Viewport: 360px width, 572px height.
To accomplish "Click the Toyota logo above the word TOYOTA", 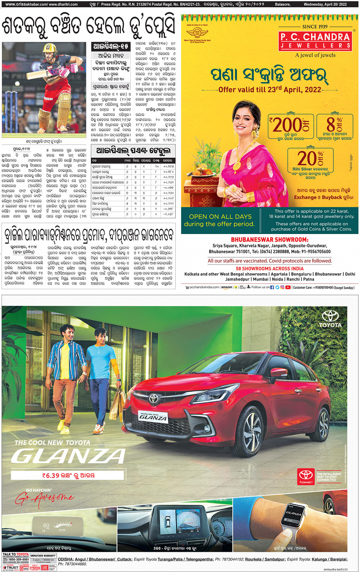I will click(330, 316).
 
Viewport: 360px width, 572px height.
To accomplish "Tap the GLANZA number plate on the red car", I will click(153, 417).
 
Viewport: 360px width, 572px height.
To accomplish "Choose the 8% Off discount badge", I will click(334, 124).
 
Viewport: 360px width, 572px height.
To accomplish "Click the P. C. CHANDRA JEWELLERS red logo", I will click(316, 41).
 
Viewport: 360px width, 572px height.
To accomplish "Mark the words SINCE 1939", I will click(315, 27).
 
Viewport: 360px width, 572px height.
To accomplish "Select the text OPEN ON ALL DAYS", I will click(220, 216).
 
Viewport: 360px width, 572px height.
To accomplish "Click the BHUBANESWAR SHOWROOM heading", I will click(269, 240).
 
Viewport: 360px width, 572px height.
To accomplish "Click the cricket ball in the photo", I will click(17, 83).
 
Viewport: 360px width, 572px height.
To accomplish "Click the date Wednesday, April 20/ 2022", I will click(325, 4).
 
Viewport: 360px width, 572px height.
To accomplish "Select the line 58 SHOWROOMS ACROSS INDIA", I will click(269, 268).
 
